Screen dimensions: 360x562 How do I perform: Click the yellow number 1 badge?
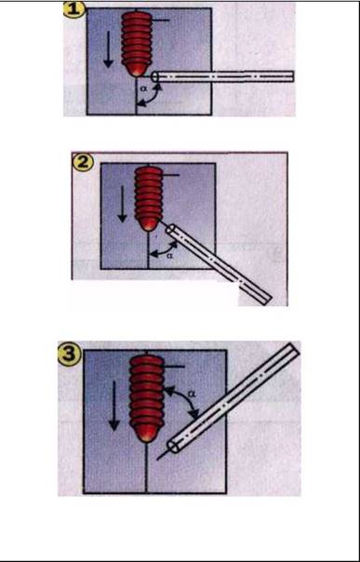pos(74,10)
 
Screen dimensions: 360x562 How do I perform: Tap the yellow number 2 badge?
pos(83,163)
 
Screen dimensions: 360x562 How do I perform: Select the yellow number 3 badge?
pos(70,355)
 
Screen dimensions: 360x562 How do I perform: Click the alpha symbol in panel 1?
pos(143,87)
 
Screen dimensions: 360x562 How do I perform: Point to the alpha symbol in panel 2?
pos(170,256)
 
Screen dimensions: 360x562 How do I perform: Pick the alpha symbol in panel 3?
pos(192,395)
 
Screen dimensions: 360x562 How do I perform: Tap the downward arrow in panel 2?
pos(123,204)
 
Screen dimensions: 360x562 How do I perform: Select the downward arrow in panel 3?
pos(113,406)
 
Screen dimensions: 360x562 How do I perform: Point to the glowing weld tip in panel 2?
pos(149,225)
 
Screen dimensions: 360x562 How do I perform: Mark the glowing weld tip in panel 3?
pos(146,435)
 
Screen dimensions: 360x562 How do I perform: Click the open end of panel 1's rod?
pos(155,76)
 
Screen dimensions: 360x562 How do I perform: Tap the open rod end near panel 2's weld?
pos(171,230)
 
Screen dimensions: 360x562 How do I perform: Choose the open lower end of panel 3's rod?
pos(173,448)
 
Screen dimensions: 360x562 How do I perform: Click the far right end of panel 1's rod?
pos(293,76)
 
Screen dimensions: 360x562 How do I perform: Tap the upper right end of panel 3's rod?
pos(295,348)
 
